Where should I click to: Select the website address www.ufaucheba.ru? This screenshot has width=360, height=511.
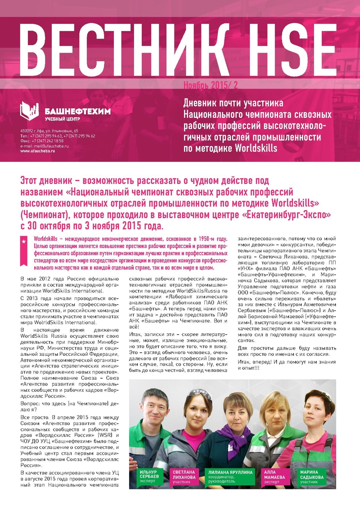tap(37, 151)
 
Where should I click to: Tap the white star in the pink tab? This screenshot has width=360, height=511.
tap(23, 242)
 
